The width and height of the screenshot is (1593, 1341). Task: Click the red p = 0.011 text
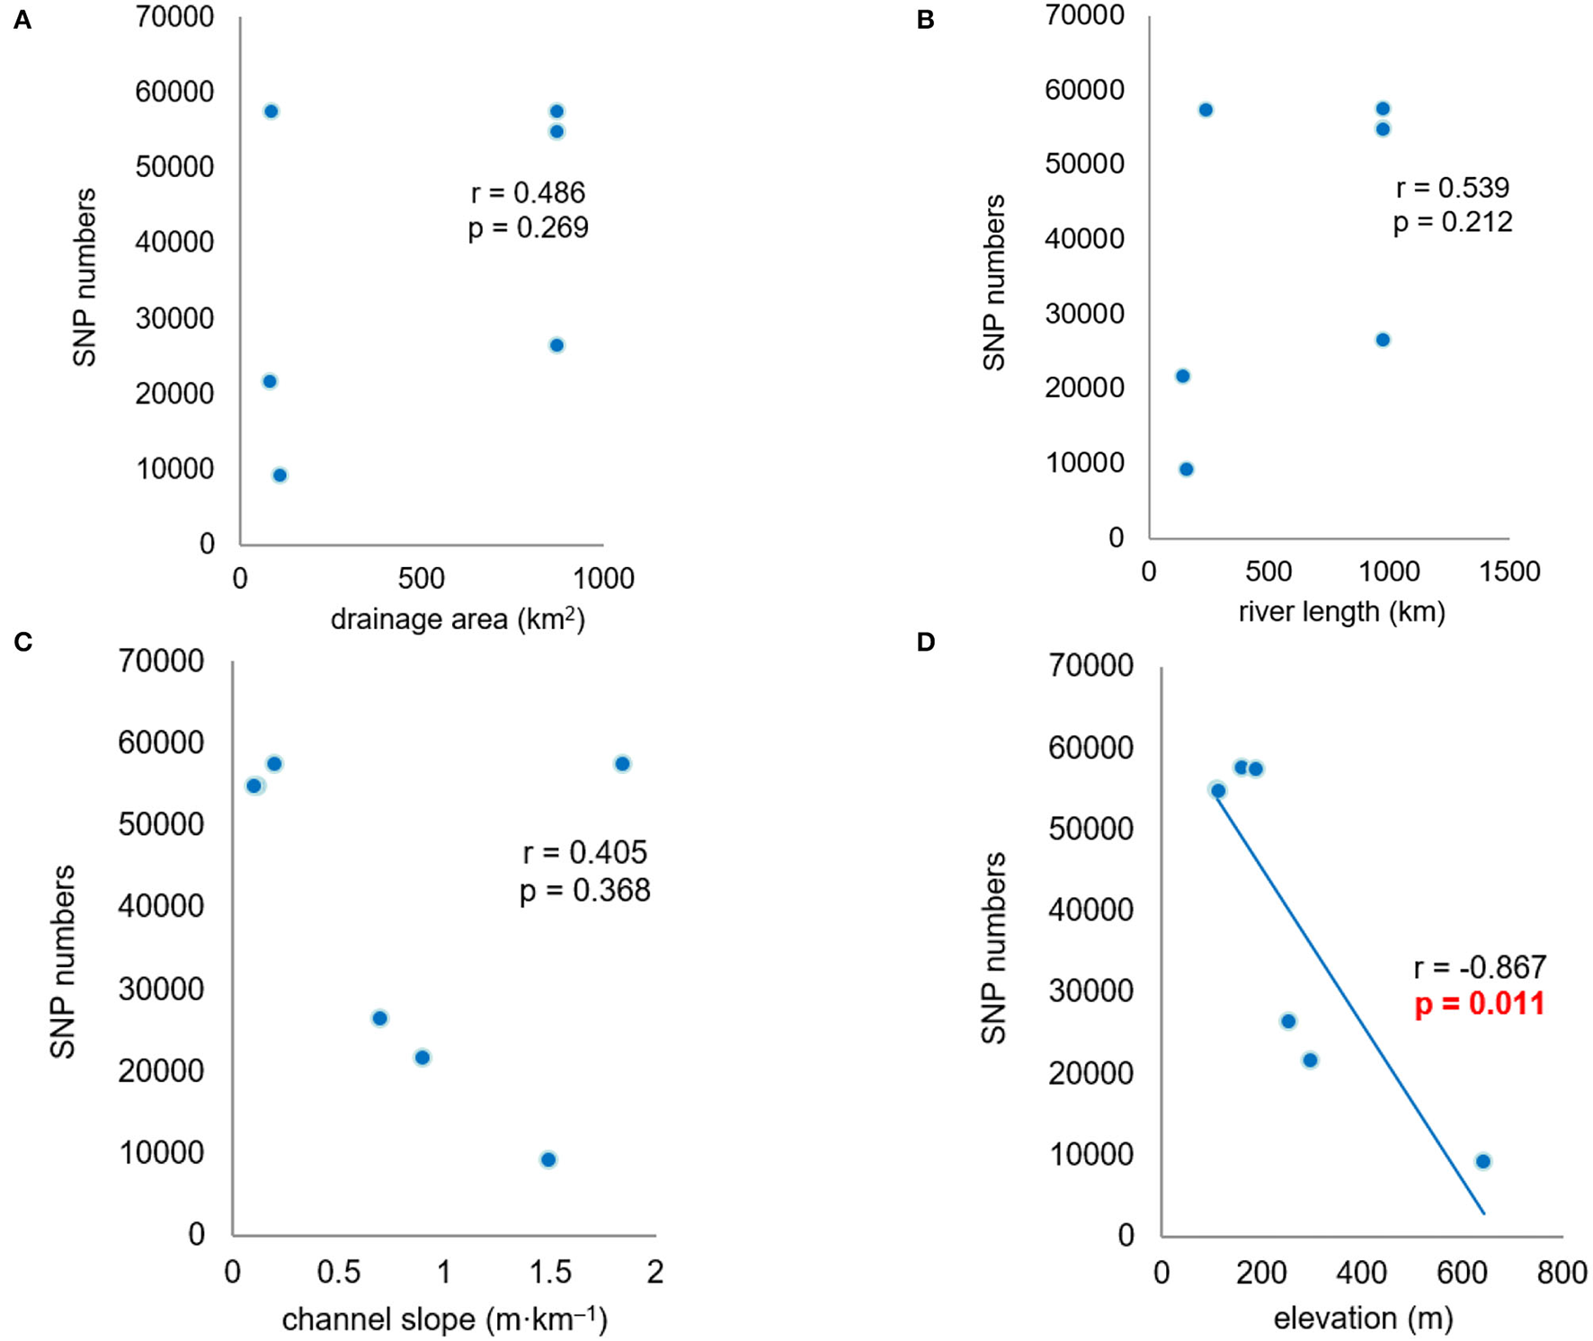coord(1480,1004)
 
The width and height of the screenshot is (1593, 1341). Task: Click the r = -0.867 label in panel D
coord(1480,967)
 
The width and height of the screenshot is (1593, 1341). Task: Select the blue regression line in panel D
coord(1348,1002)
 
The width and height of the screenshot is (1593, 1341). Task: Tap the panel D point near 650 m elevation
coord(1483,1161)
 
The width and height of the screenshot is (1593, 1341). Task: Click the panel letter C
coord(22,642)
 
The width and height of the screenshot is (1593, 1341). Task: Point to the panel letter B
coord(925,20)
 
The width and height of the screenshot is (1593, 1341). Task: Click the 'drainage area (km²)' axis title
coord(458,619)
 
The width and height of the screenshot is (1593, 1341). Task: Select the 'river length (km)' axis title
coord(1341,612)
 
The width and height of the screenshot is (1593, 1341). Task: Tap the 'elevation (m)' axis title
coord(1363,1319)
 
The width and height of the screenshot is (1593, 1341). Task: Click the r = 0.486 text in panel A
coord(528,192)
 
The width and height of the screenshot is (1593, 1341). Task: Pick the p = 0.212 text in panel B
coord(1453,222)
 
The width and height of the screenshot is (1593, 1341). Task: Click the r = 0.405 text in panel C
coord(584,852)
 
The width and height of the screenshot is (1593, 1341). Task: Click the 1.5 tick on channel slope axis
coord(549,1272)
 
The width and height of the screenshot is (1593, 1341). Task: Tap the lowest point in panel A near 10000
coord(280,475)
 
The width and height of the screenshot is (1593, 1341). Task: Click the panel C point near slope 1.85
coord(622,764)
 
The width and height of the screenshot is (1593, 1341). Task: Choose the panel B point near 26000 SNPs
coord(1383,340)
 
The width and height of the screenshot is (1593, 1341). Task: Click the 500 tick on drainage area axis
coord(421,578)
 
